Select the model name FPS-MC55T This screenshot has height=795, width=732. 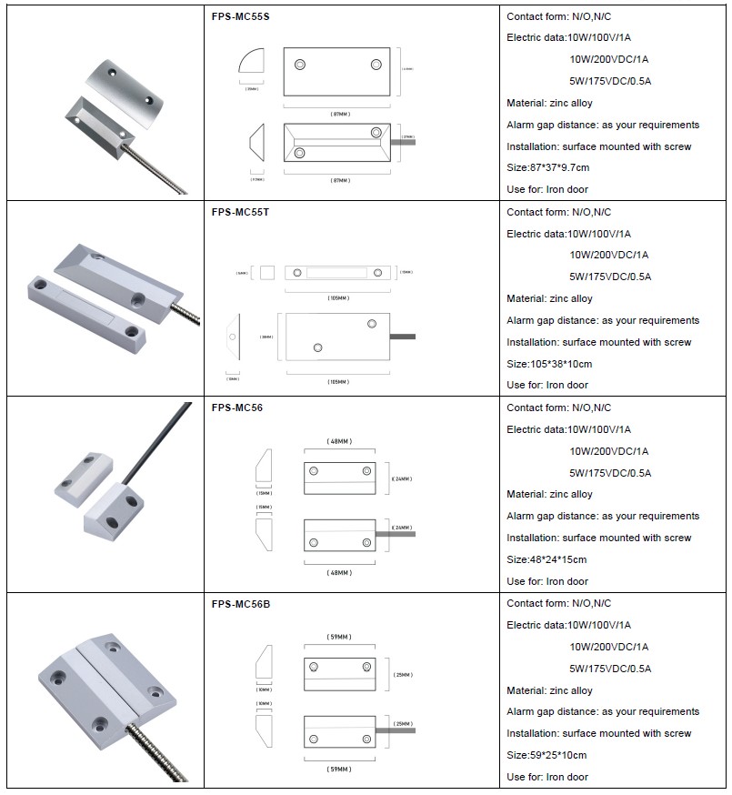click(240, 213)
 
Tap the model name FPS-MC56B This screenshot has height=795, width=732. click(241, 604)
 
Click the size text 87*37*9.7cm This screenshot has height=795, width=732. click(547, 168)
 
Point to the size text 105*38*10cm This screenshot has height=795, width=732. click(549, 364)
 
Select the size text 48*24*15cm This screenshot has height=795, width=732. click(546, 559)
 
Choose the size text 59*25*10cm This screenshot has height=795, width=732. click(546, 755)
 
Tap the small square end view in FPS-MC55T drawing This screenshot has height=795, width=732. click(268, 272)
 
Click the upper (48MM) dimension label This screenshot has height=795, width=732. click(339, 441)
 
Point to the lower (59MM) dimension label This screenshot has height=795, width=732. click(339, 770)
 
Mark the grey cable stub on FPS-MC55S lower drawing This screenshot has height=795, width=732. click(402, 141)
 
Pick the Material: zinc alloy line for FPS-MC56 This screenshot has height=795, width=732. click(549, 495)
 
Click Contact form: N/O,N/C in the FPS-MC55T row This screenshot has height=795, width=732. click(558, 212)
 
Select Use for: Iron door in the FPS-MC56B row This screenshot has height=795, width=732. click(546, 777)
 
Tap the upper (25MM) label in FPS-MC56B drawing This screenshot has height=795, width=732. click(400, 675)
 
